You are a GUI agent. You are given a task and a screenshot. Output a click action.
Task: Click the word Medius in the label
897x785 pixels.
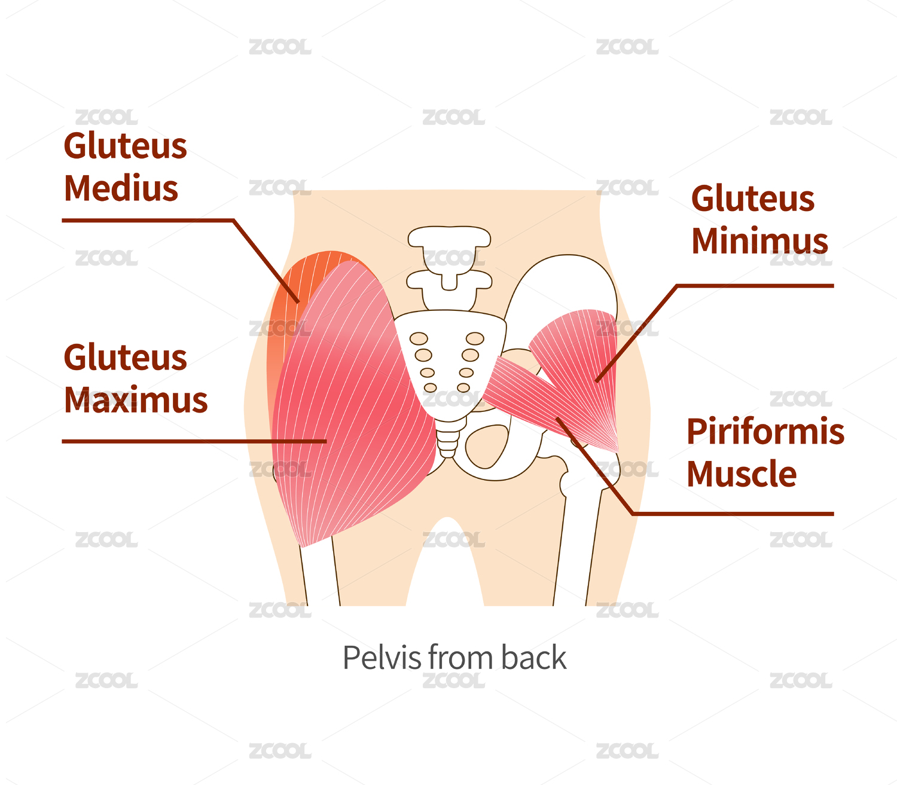tap(121, 189)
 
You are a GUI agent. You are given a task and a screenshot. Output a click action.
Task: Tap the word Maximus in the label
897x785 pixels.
tap(136, 401)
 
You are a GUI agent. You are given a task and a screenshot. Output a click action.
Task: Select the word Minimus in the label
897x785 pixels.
tap(759, 242)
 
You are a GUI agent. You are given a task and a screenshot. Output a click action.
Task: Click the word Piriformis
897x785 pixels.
tap(765, 432)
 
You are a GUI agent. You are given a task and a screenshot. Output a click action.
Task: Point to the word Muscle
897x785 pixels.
tap(742, 475)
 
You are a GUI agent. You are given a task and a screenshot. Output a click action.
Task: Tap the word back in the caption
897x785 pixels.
tap(533, 658)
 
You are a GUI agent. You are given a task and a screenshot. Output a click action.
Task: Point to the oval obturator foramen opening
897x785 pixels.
tap(486, 446)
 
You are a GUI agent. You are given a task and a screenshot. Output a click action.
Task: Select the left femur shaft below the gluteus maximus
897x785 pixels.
tap(320, 574)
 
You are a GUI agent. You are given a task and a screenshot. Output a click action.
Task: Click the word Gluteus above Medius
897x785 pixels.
tap(125, 146)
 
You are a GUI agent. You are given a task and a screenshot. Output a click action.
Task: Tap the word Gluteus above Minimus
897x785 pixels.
tap(752, 199)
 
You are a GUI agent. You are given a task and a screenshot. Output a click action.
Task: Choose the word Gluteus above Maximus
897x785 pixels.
tap(125, 358)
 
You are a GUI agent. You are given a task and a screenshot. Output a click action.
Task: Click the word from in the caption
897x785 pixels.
tap(460, 658)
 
